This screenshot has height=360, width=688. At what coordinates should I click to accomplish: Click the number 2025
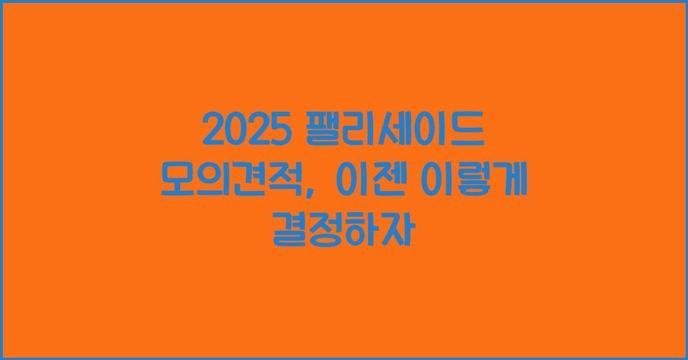(244, 131)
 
